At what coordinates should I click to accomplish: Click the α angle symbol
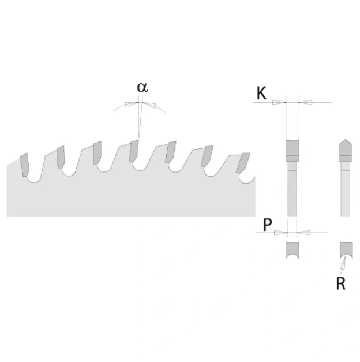coord(142,88)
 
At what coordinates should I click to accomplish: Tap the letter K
coord(261,93)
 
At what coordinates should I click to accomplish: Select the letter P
coord(268,224)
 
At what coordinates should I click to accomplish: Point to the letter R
coord(341,283)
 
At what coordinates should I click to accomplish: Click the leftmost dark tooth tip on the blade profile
coord(24,165)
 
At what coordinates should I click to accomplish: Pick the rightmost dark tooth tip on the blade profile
coord(243,163)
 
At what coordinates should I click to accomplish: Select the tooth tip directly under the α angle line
coord(134,151)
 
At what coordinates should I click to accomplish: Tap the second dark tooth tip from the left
coord(61,157)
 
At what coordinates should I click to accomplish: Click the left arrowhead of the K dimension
coord(279,103)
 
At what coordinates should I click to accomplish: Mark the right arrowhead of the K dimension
coord(305,103)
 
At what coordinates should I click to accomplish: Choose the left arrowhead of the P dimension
coord(281,233)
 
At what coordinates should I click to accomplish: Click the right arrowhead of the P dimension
coord(303,233)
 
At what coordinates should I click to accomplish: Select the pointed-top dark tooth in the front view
coord(345,150)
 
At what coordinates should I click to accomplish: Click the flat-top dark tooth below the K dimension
coord(292,150)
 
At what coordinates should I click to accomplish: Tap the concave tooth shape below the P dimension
coord(292,250)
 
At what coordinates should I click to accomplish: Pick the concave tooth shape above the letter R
coord(346,250)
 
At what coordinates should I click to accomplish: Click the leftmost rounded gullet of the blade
coord(34,179)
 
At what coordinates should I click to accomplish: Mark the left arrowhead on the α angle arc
coord(130,104)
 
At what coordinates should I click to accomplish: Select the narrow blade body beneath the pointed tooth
coord(345,189)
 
